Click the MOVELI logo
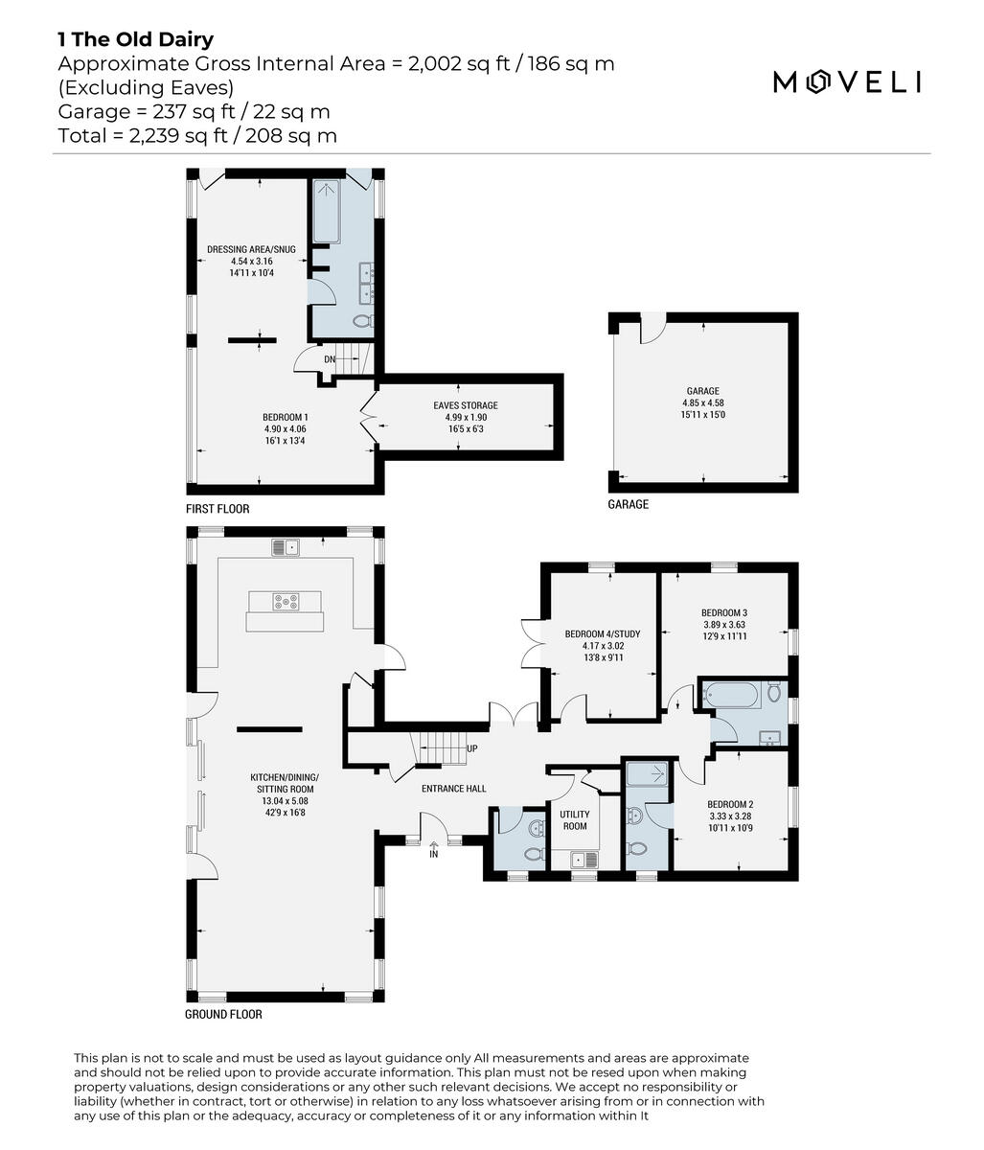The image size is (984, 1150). pyautogui.click(x=847, y=82)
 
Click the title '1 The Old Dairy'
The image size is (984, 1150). pyautogui.click(x=135, y=39)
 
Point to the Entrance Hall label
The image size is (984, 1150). pyautogui.click(x=453, y=789)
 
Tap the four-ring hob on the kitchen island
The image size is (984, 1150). pyautogui.click(x=286, y=602)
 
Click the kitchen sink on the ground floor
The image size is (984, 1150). pyautogui.click(x=286, y=547)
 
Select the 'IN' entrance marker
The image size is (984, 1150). pyautogui.click(x=433, y=853)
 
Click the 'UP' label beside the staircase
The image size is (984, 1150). pyautogui.click(x=471, y=748)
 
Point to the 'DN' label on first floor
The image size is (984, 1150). pyautogui.click(x=330, y=359)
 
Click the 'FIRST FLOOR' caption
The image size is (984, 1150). pyautogui.click(x=217, y=509)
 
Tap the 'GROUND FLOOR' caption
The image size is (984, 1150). pyautogui.click(x=223, y=1014)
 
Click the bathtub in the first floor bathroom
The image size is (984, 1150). pyautogui.click(x=328, y=212)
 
